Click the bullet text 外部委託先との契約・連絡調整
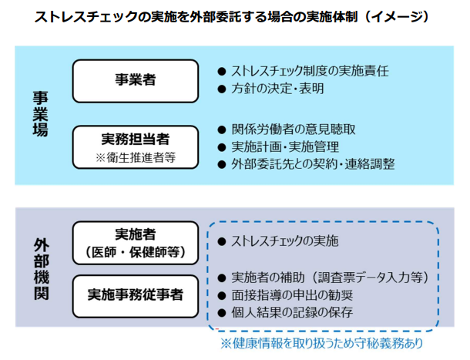[313, 164]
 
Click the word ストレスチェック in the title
[70, 16]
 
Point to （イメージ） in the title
[392, 16]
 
